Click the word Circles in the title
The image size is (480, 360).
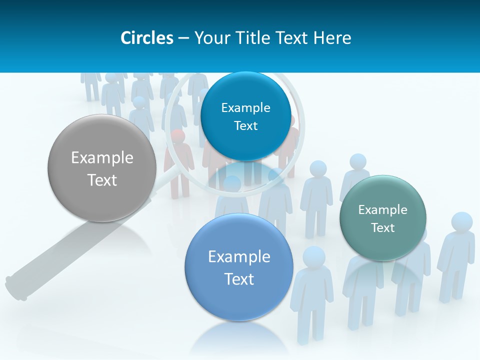tap(146, 38)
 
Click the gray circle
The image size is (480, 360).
tap(102, 168)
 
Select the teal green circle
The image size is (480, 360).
tap(383, 218)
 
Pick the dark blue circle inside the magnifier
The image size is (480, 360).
tap(245, 116)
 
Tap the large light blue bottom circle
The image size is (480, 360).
tap(239, 267)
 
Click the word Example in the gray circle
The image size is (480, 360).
tap(102, 158)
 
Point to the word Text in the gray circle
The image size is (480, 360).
tap(102, 180)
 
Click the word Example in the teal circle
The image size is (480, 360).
tap(383, 210)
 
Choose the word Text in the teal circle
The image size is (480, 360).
tap(383, 228)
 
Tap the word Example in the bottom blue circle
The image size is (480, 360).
tap(239, 257)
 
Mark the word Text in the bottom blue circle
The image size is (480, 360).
tap(239, 279)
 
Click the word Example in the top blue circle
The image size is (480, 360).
tap(245, 108)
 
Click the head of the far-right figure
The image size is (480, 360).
tap(461, 222)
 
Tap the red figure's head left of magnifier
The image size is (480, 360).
tap(177, 136)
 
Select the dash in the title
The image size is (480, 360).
tap(183, 38)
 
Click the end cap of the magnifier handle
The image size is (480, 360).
tap(15, 289)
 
